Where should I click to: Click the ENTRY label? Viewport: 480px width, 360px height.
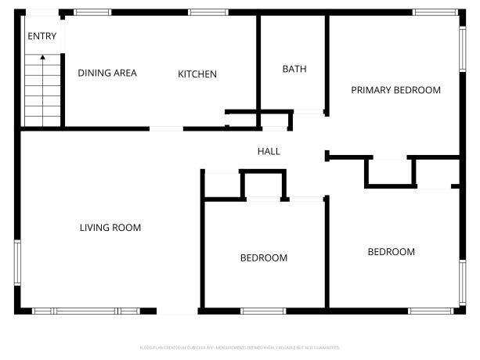42,35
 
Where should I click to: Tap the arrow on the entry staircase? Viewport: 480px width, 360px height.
42,57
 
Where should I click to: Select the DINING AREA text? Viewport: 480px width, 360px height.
107,73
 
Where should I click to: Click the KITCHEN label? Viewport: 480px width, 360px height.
197,74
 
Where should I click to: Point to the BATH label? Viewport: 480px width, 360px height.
294,69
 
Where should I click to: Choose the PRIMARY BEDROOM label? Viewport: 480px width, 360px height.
395,90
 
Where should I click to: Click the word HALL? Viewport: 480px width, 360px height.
269,151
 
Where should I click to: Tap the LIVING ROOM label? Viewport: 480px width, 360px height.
110,228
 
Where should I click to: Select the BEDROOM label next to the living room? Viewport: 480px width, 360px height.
263,257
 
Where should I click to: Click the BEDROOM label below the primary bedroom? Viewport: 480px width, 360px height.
391,252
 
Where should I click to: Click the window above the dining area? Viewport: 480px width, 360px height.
92,13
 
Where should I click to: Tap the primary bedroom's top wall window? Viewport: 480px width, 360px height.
434,13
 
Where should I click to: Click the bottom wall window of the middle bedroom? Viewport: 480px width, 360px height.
262,311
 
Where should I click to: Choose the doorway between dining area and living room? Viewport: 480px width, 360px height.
166,128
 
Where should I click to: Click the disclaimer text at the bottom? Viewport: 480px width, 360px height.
240,346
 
